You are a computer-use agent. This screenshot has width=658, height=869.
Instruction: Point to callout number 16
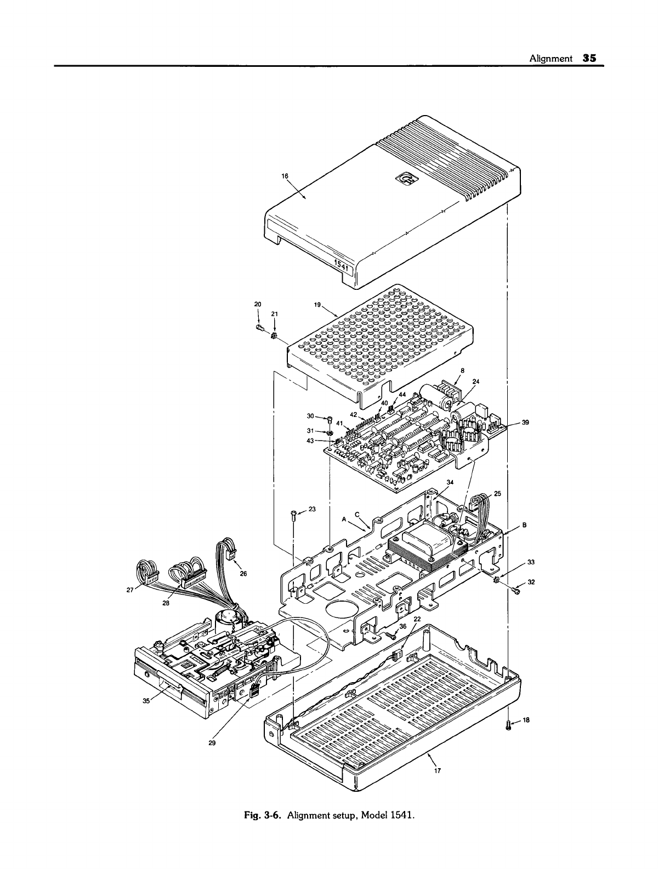pyautogui.click(x=285, y=176)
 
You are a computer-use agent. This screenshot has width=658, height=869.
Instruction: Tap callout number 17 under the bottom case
pyautogui.click(x=438, y=769)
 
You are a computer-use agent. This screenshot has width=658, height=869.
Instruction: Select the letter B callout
pyautogui.click(x=524, y=524)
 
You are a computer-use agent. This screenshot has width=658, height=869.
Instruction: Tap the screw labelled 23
pyautogui.click(x=293, y=514)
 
